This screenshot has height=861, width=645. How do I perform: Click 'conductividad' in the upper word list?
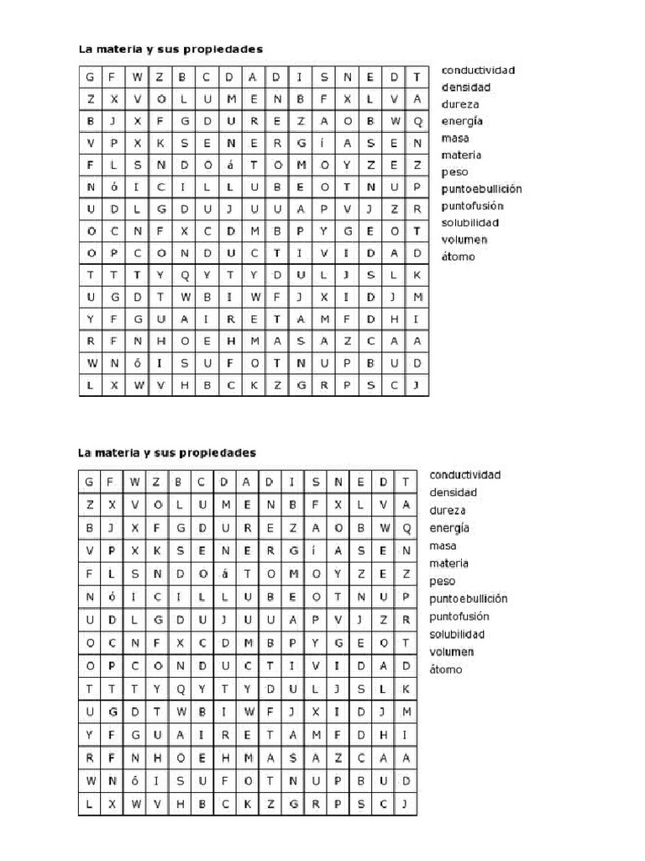478,70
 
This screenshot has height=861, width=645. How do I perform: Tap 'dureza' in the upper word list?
460,104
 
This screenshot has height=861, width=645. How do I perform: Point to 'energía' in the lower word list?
449,528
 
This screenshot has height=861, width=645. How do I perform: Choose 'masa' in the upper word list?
455,138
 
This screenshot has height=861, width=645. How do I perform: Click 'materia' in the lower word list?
448,563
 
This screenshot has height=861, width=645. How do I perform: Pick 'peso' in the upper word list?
454,172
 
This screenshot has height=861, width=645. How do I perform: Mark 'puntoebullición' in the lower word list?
469,599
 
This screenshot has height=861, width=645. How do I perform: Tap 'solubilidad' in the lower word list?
458,634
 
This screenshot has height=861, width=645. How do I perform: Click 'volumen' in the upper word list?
464,240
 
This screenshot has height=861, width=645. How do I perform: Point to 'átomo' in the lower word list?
446,669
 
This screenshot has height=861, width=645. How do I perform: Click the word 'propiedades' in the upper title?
224,50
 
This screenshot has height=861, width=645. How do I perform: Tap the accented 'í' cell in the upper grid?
315,143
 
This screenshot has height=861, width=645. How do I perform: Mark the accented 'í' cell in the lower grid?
315,551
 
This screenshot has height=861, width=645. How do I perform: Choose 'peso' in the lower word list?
443,581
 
